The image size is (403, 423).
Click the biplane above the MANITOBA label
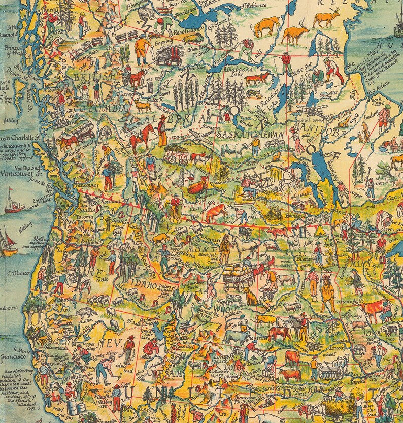(x=310, y=111)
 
